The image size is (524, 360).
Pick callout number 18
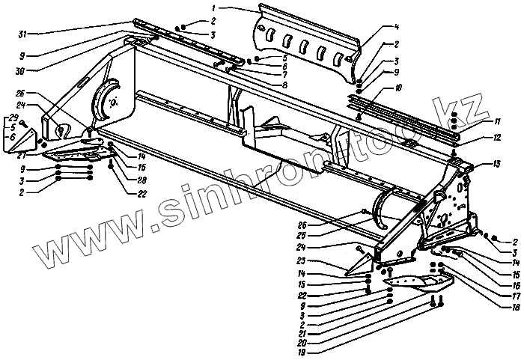point(495,307)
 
